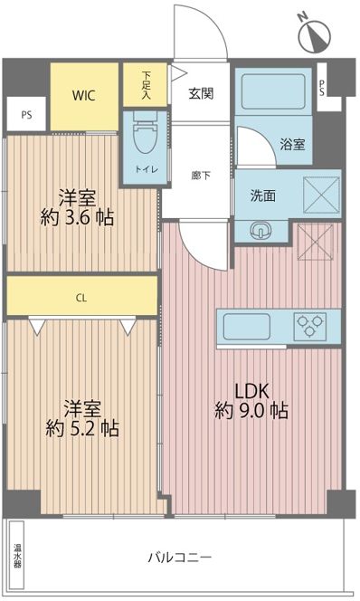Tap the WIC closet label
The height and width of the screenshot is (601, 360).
tap(85, 95)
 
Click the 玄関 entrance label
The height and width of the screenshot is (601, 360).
tap(200, 92)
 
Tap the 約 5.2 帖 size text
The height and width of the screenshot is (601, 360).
tap(82, 426)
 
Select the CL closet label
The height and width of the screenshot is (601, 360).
tap(81, 296)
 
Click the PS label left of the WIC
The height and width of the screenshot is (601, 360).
tap(25, 115)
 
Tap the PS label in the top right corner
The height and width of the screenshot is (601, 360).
tap(323, 88)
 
